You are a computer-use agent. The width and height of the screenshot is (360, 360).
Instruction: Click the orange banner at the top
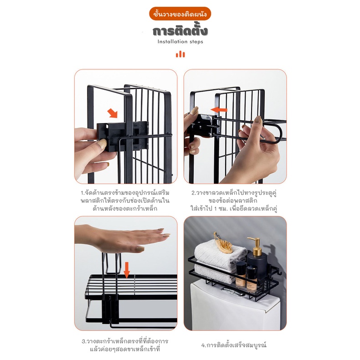[x=180, y=14]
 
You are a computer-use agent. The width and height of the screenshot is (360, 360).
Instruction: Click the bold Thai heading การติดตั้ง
[x=180, y=31]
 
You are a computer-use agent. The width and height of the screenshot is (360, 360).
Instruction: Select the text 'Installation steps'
[x=180, y=42]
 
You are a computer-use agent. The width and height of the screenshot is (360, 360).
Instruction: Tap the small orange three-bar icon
[x=180, y=54]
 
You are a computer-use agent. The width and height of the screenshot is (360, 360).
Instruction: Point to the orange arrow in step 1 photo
[x=113, y=113]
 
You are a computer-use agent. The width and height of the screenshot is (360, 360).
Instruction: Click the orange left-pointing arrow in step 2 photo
[x=219, y=110]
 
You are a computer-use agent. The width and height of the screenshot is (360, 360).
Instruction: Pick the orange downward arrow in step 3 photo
[x=127, y=271]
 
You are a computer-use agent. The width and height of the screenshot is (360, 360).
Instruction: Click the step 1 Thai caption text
[x=125, y=201]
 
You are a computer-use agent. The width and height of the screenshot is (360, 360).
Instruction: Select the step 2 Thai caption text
[x=234, y=201]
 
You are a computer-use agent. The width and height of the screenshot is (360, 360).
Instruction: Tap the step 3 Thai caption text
[x=125, y=345]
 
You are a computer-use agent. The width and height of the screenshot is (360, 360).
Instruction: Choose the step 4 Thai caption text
[x=234, y=345]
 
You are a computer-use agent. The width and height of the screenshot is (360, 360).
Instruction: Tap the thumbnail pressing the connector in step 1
[x=101, y=144]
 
